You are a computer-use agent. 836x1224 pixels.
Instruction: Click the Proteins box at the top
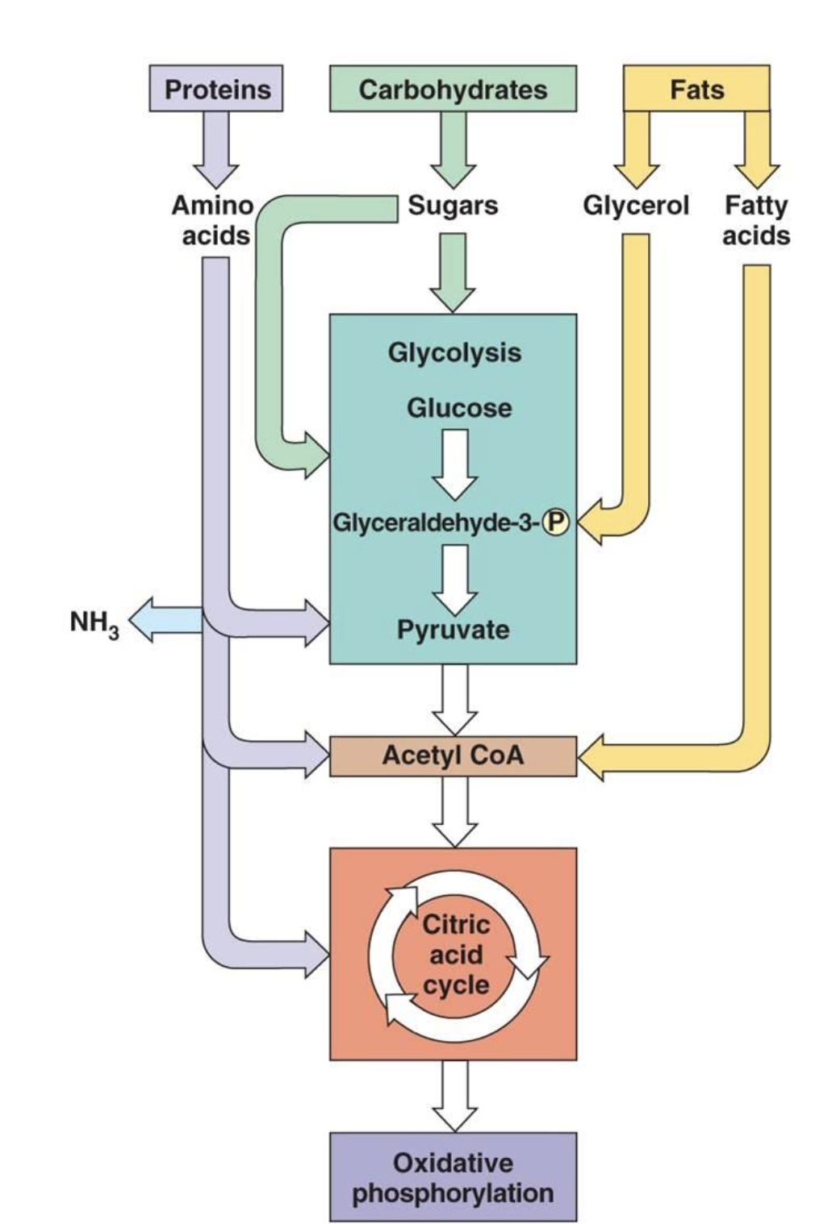(x=216, y=89)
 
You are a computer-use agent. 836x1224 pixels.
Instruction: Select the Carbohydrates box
(x=453, y=89)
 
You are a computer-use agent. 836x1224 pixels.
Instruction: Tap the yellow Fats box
(x=696, y=89)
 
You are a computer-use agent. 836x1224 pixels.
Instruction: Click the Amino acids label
(x=213, y=220)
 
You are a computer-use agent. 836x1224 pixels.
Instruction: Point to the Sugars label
(x=453, y=206)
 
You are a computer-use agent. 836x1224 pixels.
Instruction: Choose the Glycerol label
(x=636, y=206)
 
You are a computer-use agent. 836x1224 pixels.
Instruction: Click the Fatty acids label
(x=755, y=220)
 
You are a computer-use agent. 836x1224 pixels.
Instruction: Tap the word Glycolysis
(x=454, y=352)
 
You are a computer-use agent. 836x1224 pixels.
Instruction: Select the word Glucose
(x=458, y=408)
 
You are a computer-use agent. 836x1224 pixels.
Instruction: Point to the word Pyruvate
(x=453, y=629)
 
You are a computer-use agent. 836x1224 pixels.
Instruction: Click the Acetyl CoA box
(x=453, y=756)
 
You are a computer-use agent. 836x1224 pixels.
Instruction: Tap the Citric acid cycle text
(x=456, y=955)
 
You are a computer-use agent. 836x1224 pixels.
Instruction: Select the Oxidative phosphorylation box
(x=453, y=1177)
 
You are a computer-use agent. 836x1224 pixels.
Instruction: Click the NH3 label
(x=94, y=622)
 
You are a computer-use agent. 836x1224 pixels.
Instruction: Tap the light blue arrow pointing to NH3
(x=165, y=620)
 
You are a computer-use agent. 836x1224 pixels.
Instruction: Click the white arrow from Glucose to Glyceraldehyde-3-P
(x=455, y=464)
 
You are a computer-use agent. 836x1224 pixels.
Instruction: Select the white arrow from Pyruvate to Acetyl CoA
(x=454, y=698)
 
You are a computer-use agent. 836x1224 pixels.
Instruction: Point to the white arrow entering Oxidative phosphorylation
(x=454, y=1095)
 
